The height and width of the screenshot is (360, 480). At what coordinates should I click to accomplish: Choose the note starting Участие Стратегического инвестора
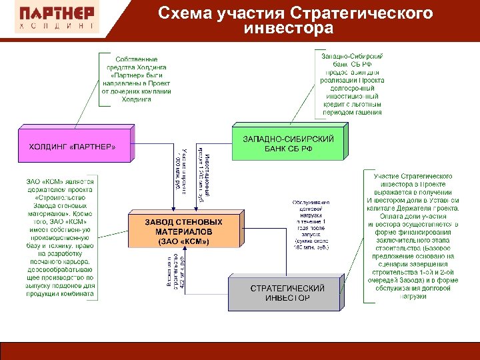pyautogui.click(x=413, y=235)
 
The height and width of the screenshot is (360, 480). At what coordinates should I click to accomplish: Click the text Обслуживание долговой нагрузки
pyautogui.click(x=311, y=225)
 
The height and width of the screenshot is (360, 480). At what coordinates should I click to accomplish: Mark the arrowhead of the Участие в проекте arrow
pyautogui.click(x=168, y=209)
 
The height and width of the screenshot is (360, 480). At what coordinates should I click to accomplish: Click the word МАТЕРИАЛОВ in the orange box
pyautogui.click(x=183, y=231)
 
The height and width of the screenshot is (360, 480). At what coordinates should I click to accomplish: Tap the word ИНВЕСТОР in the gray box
pyautogui.click(x=287, y=298)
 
